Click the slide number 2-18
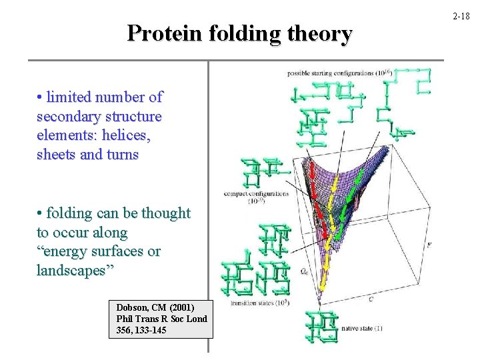coord(461,14)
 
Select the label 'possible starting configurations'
coord(331,72)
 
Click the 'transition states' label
coord(259,303)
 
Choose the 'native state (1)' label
coord(362,328)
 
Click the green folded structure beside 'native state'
coord(321,327)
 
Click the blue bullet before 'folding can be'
coord(41,213)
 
